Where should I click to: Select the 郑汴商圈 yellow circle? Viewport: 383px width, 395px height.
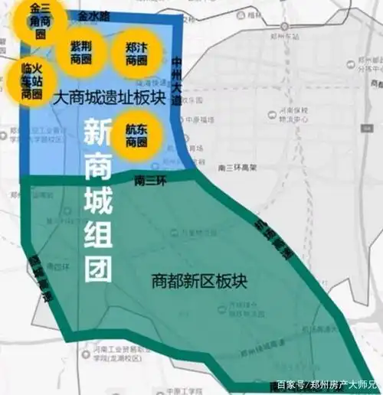(135, 53)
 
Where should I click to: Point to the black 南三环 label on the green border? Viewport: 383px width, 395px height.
(150, 181)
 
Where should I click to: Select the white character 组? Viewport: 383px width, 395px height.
(97, 234)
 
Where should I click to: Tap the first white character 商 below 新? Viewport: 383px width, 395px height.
(97, 169)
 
